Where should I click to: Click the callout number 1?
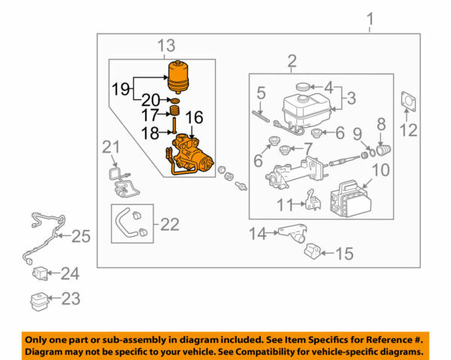(x=369, y=18)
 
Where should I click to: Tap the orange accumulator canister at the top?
(x=179, y=77)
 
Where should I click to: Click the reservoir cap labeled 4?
(x=304, y=87)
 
